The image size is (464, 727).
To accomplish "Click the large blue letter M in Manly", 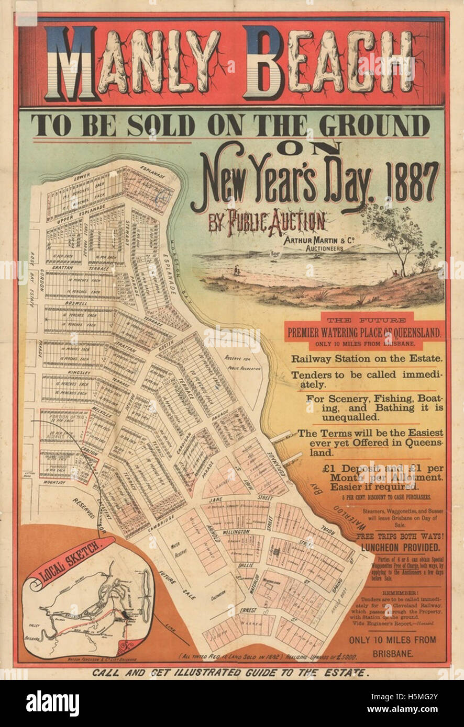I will pos(70,64).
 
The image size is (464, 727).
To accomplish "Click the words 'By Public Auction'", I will pos(267,221).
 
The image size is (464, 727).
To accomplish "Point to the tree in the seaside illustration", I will pos(398,235).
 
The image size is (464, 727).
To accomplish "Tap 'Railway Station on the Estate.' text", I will pos(367,359).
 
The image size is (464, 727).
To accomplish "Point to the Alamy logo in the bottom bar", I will pos(52,703).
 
